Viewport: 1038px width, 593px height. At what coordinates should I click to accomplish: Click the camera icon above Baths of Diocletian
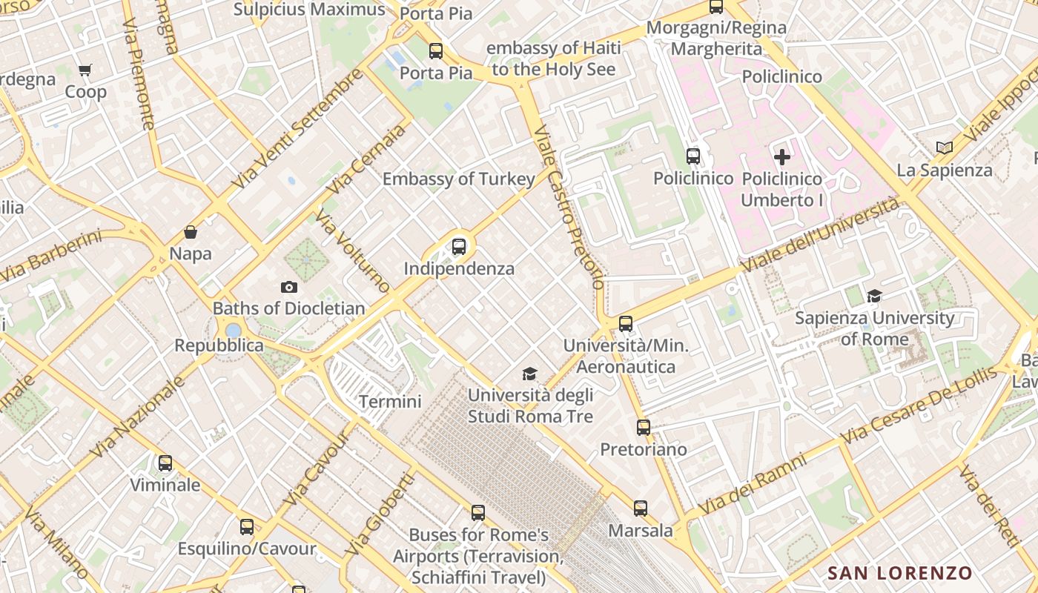[289, 287]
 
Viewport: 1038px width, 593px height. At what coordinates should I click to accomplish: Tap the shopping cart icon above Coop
[85, 70]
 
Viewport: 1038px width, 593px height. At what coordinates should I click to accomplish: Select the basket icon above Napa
[191, 232]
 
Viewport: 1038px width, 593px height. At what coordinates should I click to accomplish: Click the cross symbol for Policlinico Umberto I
[782, 157]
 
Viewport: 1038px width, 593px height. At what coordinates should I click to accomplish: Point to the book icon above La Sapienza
[944, 148]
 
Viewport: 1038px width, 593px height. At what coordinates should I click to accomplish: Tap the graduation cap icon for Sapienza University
[874, 296]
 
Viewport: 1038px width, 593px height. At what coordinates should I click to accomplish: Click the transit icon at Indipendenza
[459, 247]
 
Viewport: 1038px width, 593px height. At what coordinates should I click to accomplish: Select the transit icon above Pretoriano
[643, 428]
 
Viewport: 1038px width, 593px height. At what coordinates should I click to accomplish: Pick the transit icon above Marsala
[641, 508]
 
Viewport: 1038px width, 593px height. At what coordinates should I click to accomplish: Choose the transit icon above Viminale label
[165, 463]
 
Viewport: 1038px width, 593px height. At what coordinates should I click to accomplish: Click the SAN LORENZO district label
[899, 573]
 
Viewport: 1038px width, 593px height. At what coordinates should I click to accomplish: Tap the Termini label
[390, 402]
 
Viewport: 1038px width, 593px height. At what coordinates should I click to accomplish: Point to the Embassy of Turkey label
[458, 179]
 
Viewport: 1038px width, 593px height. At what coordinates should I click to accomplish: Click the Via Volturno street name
[352, 251]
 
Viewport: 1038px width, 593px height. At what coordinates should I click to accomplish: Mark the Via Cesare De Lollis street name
[919, 408]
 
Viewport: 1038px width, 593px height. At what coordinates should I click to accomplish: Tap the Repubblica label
[219, 345]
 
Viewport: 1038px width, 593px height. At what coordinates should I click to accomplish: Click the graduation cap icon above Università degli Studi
[529, 374]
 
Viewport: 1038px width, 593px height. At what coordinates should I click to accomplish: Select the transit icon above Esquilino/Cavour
[247, 527]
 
